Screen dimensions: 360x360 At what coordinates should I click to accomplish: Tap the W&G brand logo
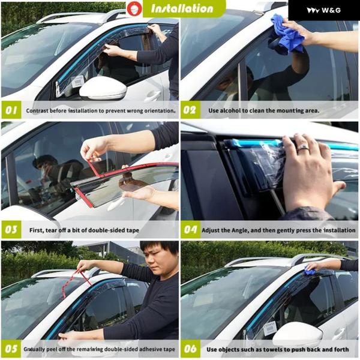pos(324,10)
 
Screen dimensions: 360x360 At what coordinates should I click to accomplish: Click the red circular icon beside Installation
pos(134,8)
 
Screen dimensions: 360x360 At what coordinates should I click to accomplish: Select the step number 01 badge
pos(11,110)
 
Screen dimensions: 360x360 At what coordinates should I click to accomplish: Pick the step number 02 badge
pos(190,110)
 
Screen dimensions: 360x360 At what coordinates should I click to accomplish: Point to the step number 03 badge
pos(11,230)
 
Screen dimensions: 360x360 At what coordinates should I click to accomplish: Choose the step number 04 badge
pos(190,230)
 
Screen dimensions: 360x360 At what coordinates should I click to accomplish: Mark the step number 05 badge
pos(11,349)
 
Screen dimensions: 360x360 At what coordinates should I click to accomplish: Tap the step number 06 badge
pos(190,349)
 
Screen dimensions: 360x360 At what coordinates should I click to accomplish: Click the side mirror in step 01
pos(103,88)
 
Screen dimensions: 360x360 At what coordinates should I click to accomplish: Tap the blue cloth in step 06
pos(310,272)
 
